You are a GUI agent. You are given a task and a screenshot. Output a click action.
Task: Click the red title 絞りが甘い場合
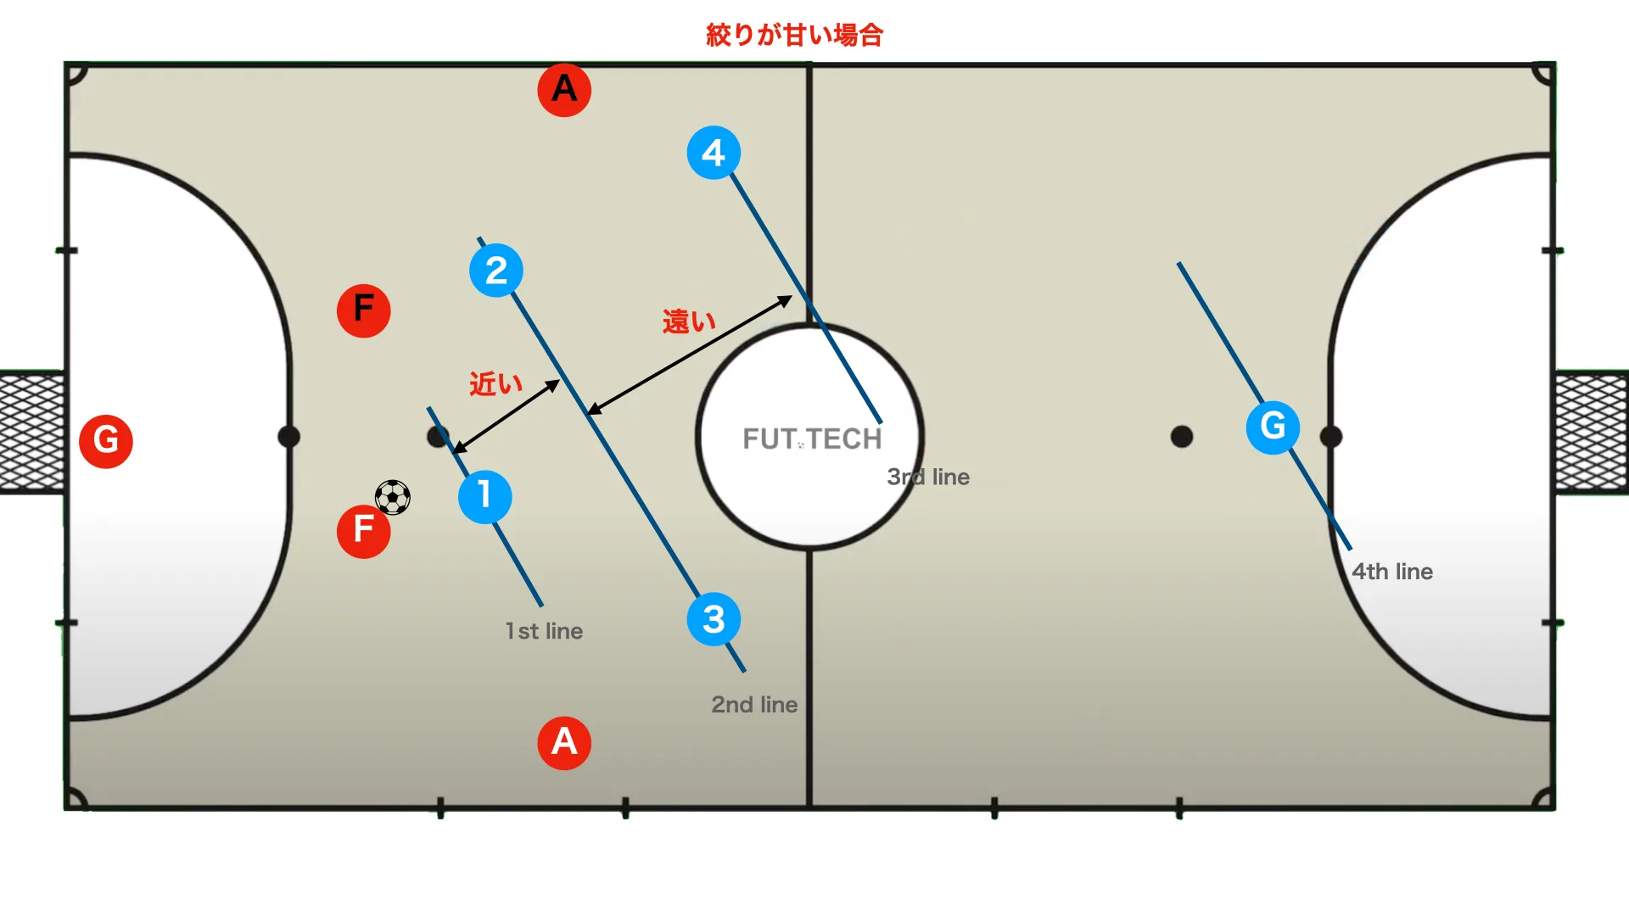point(795,35)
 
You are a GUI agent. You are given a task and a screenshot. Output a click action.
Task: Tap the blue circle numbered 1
point(484,497)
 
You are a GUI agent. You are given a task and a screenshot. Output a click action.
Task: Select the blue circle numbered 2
point(496,271)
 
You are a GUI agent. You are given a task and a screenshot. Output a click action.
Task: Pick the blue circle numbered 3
point(714,619)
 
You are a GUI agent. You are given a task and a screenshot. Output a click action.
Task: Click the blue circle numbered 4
point(714,153)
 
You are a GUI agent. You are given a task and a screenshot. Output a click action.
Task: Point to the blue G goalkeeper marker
point(1273,427)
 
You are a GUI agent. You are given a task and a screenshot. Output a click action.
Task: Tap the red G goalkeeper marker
point(106,441)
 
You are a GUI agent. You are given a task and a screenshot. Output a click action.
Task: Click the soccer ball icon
point(393,498)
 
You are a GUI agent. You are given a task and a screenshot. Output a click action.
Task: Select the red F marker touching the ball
point(364,531)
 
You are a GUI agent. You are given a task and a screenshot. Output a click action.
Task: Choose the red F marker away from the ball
point(364,310)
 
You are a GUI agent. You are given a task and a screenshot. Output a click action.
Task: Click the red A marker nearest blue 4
point(564,89)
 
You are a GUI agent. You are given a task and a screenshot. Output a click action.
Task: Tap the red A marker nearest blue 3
point(564,743)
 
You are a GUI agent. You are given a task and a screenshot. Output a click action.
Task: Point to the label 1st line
point(544,631)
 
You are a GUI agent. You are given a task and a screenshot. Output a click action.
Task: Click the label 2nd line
point(754,705)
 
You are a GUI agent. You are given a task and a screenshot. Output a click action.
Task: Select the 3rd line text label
point(928,477)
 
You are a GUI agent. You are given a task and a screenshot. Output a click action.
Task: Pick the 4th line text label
point(1392,572)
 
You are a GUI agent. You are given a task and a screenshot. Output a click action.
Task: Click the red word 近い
point(496,384)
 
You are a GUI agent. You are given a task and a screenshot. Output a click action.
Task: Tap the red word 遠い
point(689,321)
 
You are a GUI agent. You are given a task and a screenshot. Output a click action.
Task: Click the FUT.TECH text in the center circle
point(812,438)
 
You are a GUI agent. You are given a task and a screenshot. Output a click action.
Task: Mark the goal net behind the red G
point(32,433)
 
